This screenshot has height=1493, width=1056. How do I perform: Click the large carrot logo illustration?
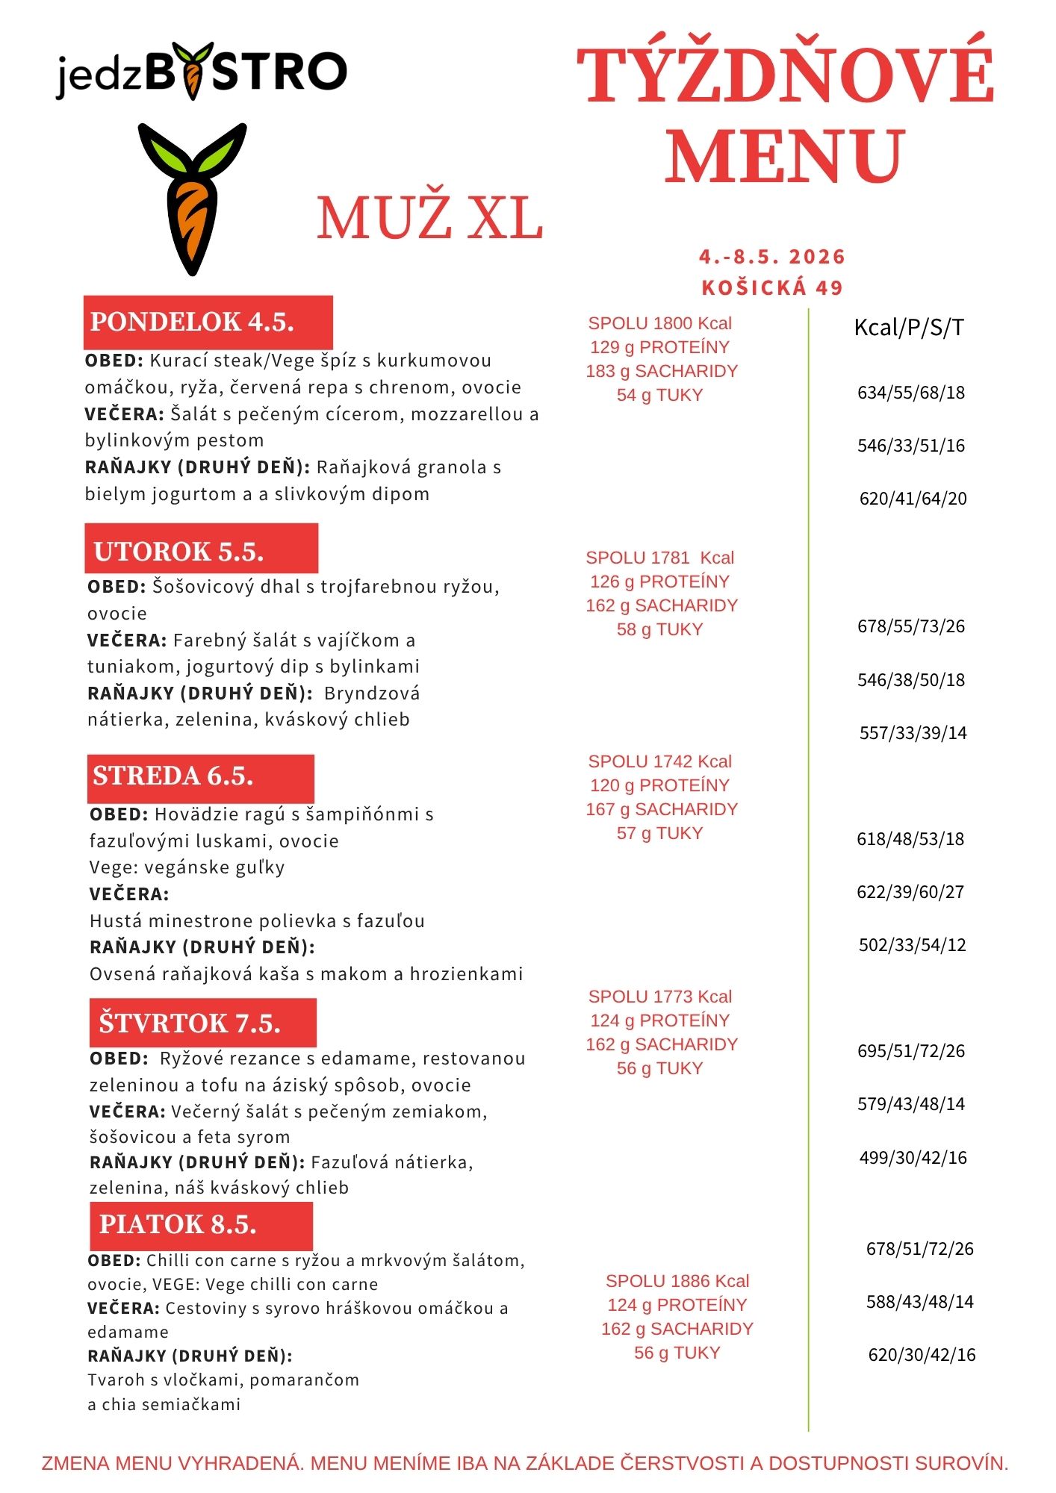[193, 199]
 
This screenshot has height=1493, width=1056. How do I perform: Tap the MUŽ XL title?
[429, 219]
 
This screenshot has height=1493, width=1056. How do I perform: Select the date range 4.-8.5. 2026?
[772, 257]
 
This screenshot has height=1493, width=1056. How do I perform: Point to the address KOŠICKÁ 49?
[772, 287]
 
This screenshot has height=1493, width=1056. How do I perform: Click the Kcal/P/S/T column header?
[909, 327]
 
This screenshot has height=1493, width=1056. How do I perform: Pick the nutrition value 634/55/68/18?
[911, 393]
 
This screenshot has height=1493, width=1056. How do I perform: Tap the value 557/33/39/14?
[913, 733]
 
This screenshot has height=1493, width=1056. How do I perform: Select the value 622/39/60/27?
[910, 892]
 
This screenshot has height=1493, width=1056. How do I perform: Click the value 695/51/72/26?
[911, 1051]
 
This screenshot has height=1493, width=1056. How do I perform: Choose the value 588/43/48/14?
[920, 1302]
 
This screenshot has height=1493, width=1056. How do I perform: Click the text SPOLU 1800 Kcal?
[659, 323]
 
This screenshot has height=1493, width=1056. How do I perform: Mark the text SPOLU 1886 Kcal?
[677, 1281]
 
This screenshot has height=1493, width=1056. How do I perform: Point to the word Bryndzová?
[372, 693]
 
